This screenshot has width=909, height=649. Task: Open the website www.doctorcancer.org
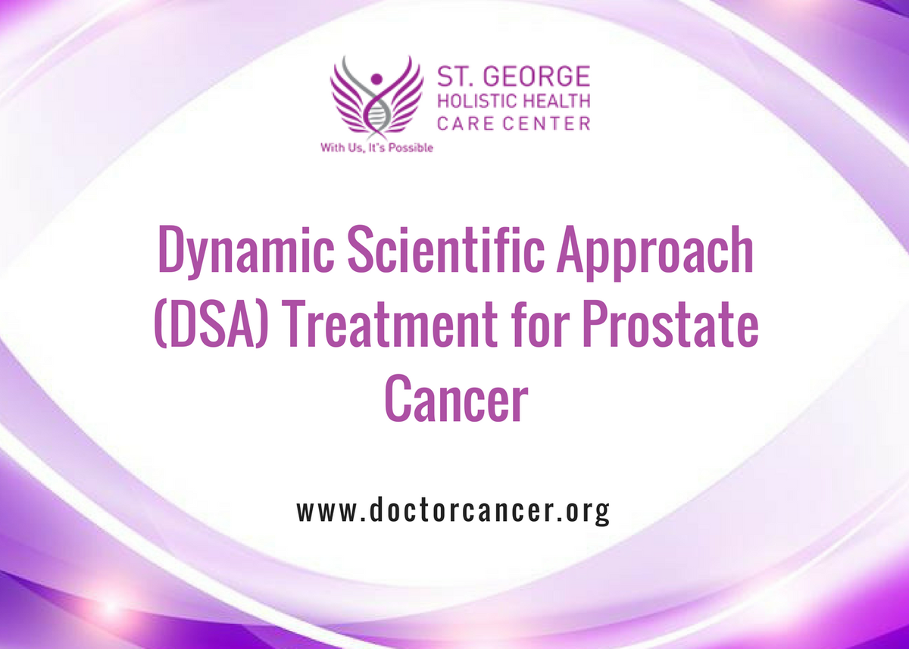pyautogui.click(x=453, y=512)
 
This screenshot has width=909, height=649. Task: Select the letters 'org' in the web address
pyautogui.click(x=591, y=513)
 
